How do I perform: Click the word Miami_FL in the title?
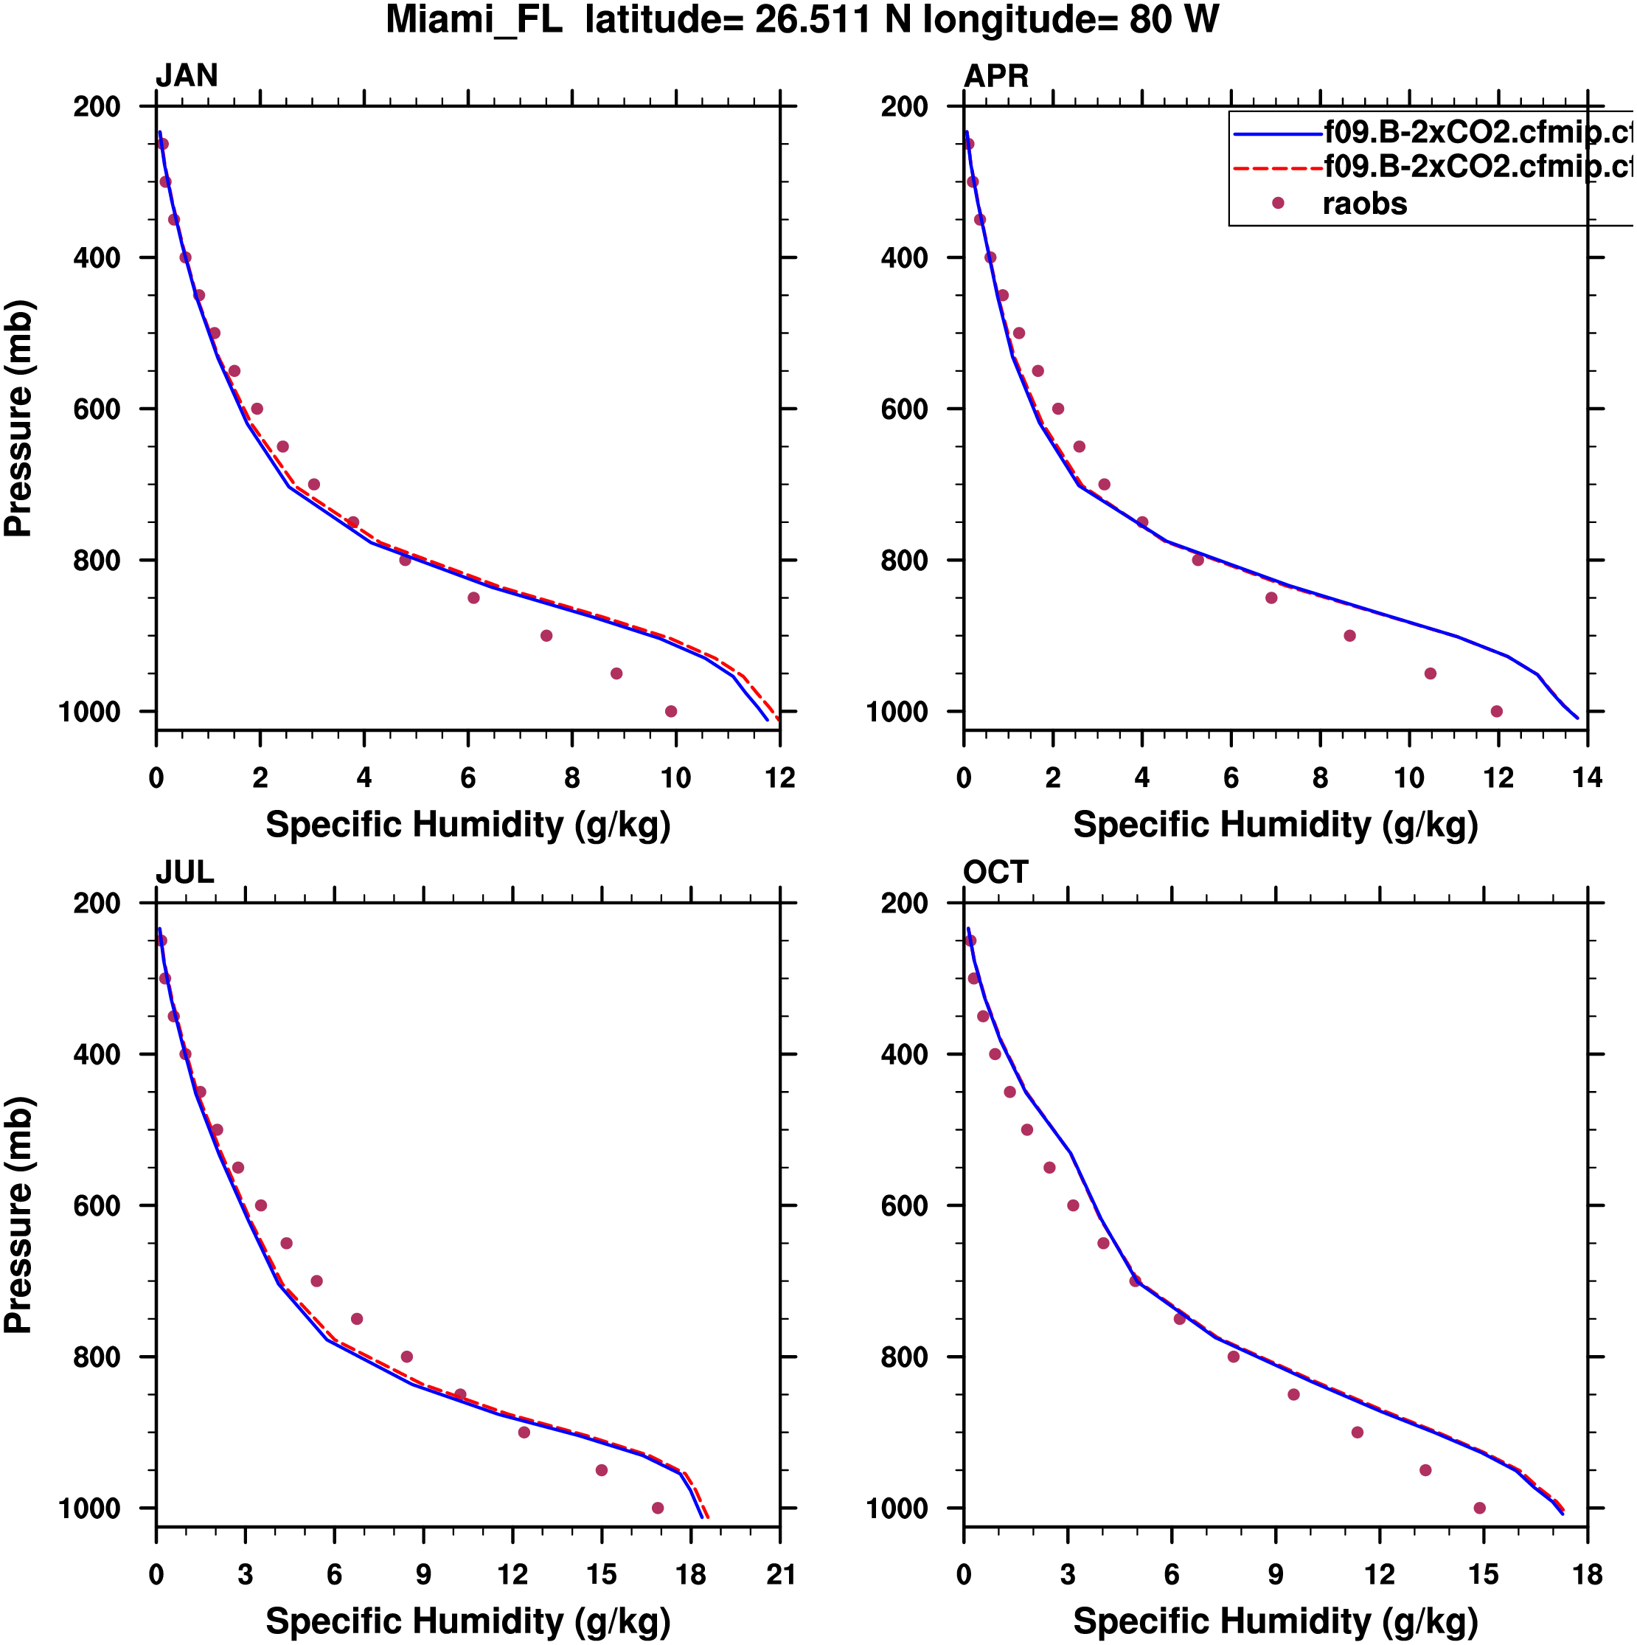474,21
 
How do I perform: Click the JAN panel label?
187,77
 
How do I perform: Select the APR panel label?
996,77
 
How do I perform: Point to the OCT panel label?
996,873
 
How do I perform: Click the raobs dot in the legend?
1278,204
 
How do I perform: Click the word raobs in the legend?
1365,204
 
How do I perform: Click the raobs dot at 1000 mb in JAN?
671,712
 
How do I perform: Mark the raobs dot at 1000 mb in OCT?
1479,1509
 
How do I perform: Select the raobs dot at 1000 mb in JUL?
657,1509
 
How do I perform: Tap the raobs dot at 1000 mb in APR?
1497,712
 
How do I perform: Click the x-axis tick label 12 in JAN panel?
779,778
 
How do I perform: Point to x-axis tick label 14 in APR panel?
1588,778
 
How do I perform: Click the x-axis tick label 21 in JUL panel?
779,1575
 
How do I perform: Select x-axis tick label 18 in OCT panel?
1588,1575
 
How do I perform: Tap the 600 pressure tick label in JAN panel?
97,409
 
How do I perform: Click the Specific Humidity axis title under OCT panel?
1275,1622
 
